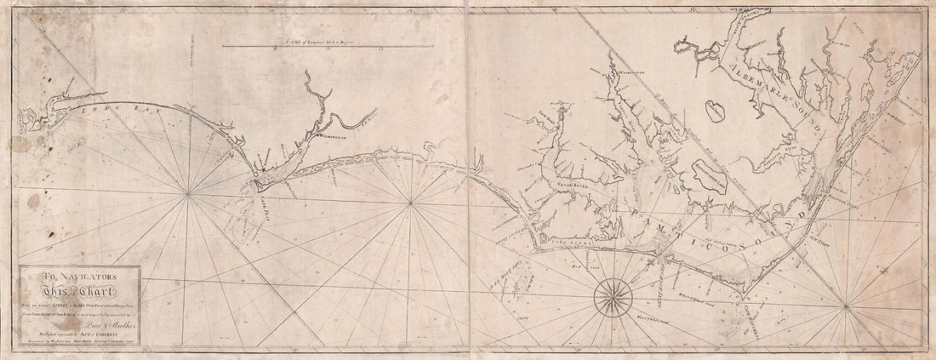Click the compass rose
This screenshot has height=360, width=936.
tap(610, 294)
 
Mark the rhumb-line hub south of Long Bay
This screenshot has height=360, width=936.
tap(189, 195)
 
